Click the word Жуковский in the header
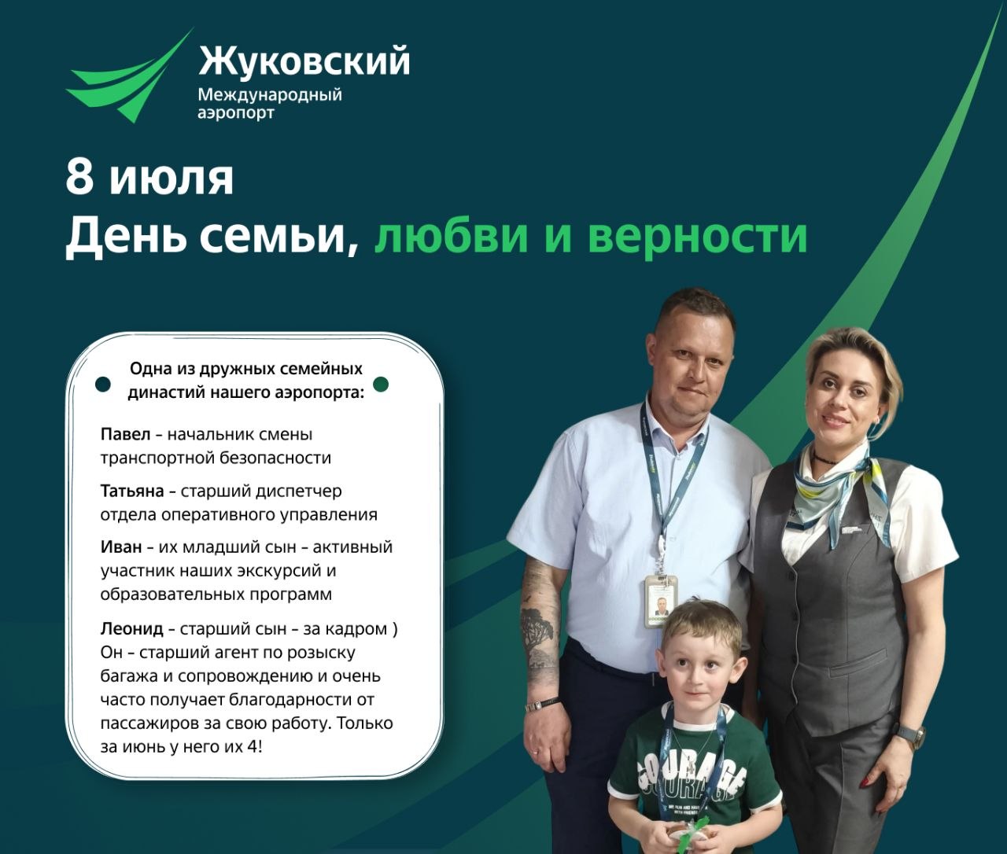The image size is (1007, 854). pyautogui.click(x=304, y=61)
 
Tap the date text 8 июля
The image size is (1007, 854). pyautogui.click(x=149, y=178)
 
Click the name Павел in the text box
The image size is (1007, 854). pyautogui.click(x=125, y=434)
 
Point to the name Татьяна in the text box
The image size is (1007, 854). pyautogui.click(x=132, y=491)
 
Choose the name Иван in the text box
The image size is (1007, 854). pyautogui.click(x=121, y=547)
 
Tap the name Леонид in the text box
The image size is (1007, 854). pyautogui.click(x=131, y=628)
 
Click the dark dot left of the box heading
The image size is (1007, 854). pyautogui.click(x=103, y=385)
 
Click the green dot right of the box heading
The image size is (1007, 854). pyautogui.click(x=381, y=385)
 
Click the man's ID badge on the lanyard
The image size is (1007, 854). pyautogui.click(x=661, y=601)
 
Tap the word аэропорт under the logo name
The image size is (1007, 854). pyautogui.click(x=236, y=113)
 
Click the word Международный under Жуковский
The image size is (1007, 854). pyautogui.click(x=270, y=94)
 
